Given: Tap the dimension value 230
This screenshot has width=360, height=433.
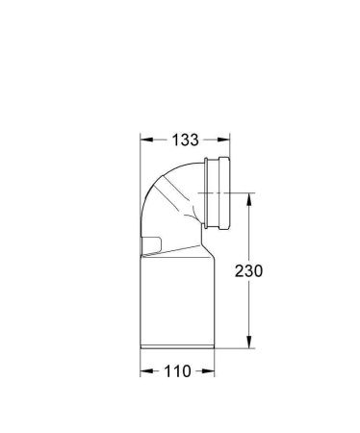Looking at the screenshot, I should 249,271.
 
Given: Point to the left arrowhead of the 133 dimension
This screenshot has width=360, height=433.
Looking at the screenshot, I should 144,140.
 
